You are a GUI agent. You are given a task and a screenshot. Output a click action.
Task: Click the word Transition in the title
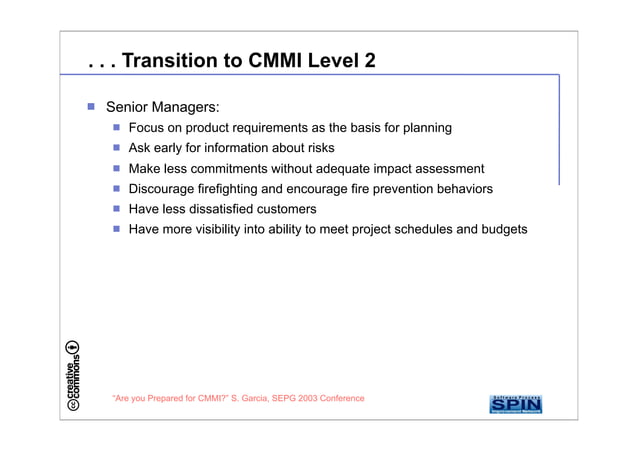point(164,61)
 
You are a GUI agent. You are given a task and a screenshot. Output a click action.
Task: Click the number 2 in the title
point(370,61)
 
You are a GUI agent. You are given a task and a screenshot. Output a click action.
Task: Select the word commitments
point(253,169)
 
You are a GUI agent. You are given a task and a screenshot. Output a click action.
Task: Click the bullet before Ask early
point(116,148)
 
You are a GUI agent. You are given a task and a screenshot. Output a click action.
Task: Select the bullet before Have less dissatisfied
point(116,209)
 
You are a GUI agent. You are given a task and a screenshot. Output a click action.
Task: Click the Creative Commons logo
point(73,377)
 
